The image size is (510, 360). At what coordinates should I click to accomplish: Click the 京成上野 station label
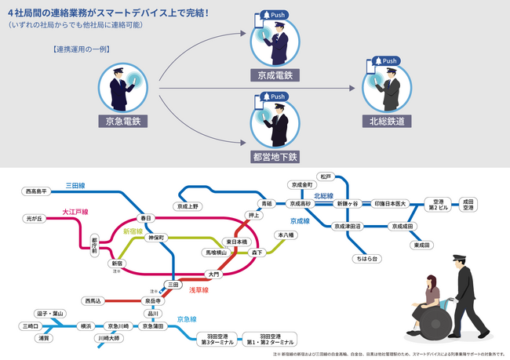188,206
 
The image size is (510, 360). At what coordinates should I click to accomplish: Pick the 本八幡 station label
284,235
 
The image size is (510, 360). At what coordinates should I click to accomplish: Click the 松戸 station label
325,176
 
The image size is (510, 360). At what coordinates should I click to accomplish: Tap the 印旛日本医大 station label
389,203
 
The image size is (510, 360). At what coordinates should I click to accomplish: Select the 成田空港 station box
468,205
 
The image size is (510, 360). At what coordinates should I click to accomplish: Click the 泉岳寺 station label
153,300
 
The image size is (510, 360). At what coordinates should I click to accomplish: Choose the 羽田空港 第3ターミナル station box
217,339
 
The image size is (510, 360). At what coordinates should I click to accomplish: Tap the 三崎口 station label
31,325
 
